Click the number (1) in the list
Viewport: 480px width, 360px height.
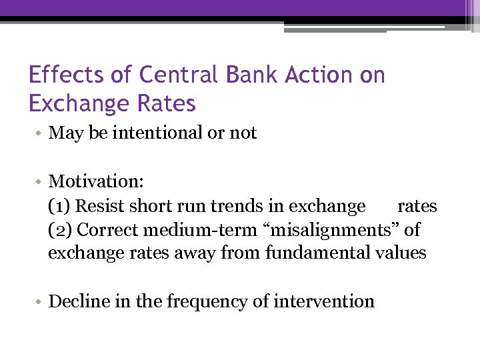[x=60, y=206]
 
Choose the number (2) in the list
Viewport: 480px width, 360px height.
[x=61, y=230]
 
